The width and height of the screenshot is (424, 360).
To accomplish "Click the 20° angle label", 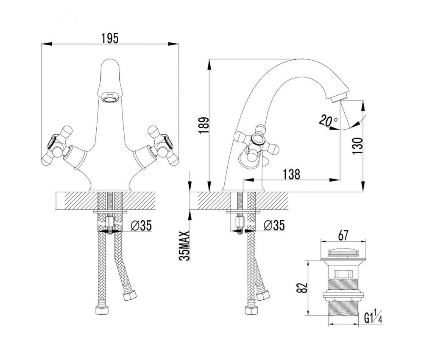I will point(328,121).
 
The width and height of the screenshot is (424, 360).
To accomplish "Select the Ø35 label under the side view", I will point(274,226).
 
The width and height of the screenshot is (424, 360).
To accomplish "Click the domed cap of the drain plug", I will point(344,251).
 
